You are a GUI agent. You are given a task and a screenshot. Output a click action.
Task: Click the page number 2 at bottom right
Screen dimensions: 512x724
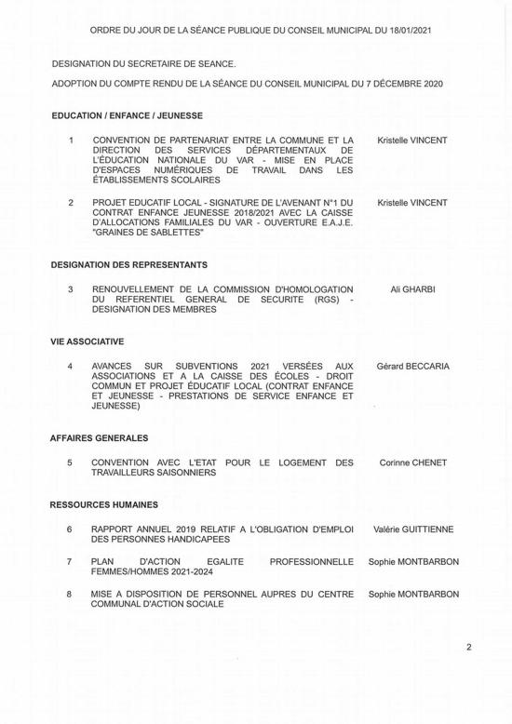click(x=469, y=646)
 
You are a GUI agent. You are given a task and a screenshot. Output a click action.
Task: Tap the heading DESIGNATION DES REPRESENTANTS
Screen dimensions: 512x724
click(x=128, y=266)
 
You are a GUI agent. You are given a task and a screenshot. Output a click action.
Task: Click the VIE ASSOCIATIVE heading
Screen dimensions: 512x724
click(x=88, y=342)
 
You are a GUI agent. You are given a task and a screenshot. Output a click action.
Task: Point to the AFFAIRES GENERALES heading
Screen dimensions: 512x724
click(x=99, y=437)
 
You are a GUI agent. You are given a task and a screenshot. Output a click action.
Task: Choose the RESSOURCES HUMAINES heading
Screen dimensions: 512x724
click(x=104, y=504)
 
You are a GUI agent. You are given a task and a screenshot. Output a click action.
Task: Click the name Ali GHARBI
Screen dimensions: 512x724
click(x=412, y=290)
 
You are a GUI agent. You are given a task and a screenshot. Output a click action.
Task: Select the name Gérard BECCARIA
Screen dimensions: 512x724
click(x=412, y=367)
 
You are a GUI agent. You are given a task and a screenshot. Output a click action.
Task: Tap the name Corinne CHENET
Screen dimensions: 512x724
click(x=413, y=463)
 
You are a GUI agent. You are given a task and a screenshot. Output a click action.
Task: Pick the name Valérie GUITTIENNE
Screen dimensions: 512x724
click(x=413, y=530)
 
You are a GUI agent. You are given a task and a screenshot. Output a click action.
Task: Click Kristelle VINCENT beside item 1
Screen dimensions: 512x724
click(x=412, y=141)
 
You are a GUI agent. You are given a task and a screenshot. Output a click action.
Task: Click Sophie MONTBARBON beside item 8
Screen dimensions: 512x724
click(x=413, y=593)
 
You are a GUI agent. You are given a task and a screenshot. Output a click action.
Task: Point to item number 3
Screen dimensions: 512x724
click(x=70, y=290)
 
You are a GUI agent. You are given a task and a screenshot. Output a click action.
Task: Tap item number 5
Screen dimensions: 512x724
click(x=70, y=463)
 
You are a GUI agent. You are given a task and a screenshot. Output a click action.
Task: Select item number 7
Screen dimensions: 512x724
click(x=70, y=562)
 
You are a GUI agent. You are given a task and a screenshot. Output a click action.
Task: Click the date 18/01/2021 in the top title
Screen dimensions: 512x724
click(x=407, y=31)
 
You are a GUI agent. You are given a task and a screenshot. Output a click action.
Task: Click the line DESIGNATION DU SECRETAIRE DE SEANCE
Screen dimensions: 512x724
click(x=144, y=63)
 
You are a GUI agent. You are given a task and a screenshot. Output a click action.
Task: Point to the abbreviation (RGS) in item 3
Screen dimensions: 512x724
click(x=320, y=300)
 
